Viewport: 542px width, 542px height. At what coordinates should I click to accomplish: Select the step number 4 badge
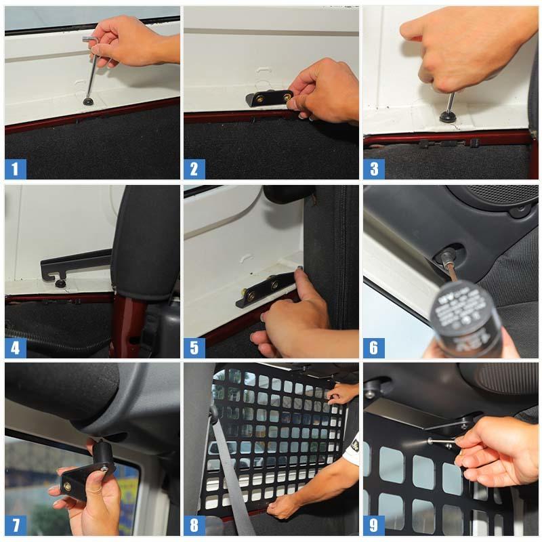pos(16,348)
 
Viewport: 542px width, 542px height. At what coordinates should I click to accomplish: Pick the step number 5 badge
pos(194,348)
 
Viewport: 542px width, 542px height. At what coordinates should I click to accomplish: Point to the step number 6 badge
pos(373,348)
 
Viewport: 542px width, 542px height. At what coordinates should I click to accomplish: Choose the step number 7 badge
pos(16,525)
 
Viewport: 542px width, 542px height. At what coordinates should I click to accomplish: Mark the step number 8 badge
pos(194,525)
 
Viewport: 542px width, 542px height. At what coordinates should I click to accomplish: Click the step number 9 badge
pos(373,525)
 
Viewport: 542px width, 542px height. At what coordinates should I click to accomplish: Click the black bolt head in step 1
pos(88,102)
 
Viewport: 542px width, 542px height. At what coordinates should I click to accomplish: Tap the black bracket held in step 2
pos(268,98)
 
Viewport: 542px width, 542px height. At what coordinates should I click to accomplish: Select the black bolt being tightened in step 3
pos(448,115)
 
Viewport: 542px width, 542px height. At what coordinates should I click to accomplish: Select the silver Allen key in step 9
pos(444,442)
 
